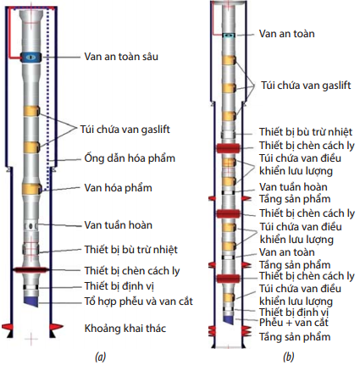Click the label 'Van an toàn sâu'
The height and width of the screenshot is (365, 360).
121,57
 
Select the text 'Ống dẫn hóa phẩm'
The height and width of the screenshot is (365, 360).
130,158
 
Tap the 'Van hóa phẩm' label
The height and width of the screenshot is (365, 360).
118,188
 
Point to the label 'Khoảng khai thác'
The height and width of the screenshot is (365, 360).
125,329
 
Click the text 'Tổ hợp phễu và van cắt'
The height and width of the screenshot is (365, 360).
139,301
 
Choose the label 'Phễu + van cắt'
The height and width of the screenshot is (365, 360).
294,323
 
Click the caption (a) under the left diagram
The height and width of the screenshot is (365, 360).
101,357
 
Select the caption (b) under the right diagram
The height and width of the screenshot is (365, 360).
288,357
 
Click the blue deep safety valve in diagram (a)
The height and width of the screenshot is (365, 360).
30,58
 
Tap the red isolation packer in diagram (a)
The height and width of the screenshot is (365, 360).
30,270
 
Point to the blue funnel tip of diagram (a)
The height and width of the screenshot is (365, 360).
30,301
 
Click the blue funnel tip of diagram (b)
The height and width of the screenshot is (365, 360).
229,319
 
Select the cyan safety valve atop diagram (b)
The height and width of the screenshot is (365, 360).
229,36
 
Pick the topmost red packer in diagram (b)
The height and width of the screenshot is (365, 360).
229,148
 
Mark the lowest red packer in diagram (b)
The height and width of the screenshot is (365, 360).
229,278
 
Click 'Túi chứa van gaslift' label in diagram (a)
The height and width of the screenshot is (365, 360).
125,130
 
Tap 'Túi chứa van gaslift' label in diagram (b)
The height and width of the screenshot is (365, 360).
306,86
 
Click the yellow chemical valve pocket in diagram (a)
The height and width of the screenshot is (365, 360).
32,189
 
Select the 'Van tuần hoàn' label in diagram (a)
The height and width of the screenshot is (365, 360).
119,225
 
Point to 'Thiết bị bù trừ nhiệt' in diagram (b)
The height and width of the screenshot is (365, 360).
306,132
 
